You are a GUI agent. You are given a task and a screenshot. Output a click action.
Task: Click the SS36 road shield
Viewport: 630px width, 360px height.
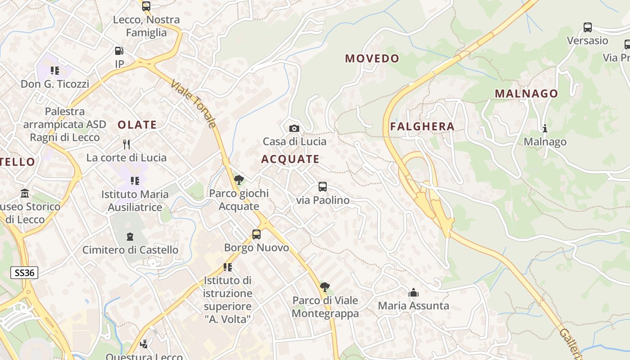[x=24, y=273]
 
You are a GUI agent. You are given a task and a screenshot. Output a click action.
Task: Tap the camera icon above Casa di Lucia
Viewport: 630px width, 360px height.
[x=294, y=129]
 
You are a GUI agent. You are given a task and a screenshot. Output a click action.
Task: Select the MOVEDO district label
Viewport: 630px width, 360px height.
[x=372, y=58]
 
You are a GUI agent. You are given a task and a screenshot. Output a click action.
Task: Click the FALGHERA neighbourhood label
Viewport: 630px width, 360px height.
[x=422, y=126]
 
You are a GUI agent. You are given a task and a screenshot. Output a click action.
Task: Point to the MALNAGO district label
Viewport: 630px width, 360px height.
[x=526, y=94]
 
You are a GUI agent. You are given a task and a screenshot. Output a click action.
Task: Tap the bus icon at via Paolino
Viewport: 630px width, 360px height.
[x=322, y=187]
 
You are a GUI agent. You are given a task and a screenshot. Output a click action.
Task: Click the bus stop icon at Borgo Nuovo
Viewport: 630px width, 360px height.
[x=256, y=234]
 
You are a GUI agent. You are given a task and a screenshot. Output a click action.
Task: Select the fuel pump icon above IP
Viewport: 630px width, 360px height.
[x=119, y=51]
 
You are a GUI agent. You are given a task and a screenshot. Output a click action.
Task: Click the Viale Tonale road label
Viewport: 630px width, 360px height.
[x=194, y=104]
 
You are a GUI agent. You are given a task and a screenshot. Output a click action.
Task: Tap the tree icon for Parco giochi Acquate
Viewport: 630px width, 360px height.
[x=239, y=180]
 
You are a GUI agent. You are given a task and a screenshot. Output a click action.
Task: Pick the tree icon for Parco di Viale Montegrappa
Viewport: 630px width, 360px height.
[x=324, y=287]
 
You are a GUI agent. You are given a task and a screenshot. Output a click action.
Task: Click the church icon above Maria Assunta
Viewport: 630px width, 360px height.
[x=413, y=293]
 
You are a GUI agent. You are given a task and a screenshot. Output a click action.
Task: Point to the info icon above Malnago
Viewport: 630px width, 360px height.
[x=545, y=129]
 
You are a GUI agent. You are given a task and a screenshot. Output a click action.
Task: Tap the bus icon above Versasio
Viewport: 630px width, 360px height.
[x=587, y=27]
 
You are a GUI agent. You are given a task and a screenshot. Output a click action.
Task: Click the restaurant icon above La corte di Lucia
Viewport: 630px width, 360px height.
[x=126, y=144]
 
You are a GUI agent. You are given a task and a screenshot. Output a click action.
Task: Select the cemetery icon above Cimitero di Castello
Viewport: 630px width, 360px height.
[x=130, y=237]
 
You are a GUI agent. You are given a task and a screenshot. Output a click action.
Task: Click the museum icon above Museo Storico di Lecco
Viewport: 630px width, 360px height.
[x=25, y=193]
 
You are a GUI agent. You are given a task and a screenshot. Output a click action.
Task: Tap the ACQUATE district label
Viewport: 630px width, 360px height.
[x=290, y=159]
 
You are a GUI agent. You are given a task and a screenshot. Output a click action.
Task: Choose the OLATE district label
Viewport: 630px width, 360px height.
[x=137, y=125]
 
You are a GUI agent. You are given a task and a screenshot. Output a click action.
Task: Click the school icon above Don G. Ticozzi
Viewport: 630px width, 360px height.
[x=55, y=71]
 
